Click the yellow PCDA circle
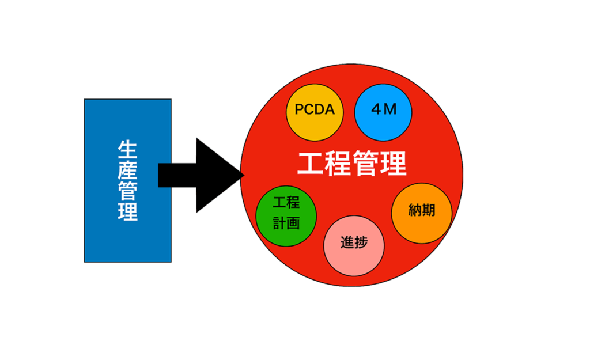pyautogui.click(x=315, y=111)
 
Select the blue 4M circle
pyautogui.click(x=383, y=111)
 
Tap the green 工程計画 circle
pyautogui.click(x=286, y=214)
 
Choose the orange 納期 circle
pyautogui.click(x=421, y=212)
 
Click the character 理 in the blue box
pyautogui.click(x=127, y=211)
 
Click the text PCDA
pyautogui.click(x=315, y=109)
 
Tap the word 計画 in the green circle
pyautogui.click(x=286, y=222)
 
